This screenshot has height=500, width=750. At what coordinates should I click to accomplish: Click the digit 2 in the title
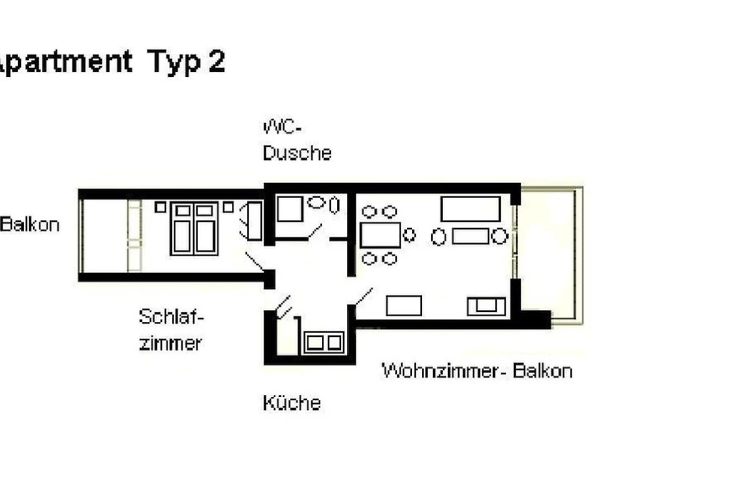(x=217, y=61)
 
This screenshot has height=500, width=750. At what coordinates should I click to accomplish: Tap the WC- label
(x=282, y=127)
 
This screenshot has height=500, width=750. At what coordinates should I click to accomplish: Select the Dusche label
(x=297, y=153)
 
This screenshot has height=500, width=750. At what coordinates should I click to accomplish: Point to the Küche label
(x=292, y=402)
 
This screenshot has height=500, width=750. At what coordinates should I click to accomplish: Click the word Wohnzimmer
(x=444, y=371)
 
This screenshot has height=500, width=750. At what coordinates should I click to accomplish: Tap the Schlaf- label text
(x=171, y=316)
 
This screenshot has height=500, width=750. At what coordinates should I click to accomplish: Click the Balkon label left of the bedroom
(x=30, y=224)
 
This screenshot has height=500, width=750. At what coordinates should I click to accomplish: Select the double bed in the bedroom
(x=194, y=228)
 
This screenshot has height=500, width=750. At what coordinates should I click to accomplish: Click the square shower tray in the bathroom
(x=290, y=209)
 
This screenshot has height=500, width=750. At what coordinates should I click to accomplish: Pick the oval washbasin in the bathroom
(x=316, y=202)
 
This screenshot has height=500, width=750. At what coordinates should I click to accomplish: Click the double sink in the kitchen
(x=324, y=342)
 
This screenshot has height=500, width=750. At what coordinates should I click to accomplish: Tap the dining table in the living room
(x=381, y=235)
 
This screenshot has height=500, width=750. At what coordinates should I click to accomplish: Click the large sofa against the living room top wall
(x=471, y=209)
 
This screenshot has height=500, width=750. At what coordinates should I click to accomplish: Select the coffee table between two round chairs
(x=470, y=236)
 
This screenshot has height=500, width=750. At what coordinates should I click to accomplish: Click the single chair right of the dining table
(x=409, y=235)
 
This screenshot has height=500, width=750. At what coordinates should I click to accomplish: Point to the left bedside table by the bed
(x=161, y=207)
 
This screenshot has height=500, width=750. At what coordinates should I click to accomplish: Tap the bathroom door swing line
(x=315, y=231)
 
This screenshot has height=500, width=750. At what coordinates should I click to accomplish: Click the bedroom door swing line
(x=254, y=261)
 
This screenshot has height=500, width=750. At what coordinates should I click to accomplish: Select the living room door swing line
(x=364, y=296)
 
